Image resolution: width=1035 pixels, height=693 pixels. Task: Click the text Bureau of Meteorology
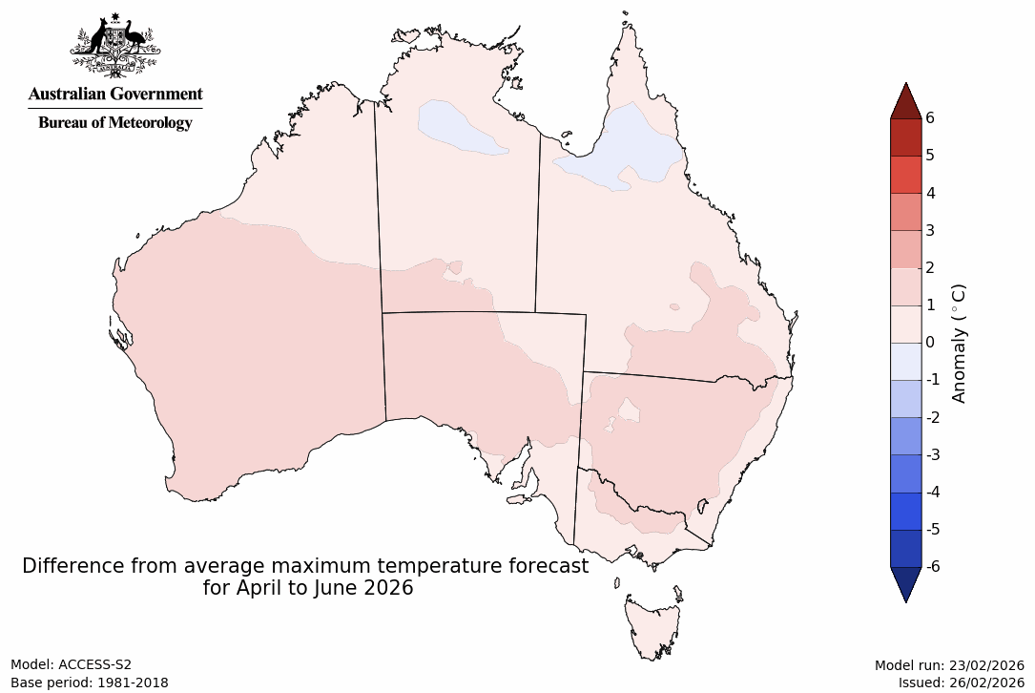pos(115,122)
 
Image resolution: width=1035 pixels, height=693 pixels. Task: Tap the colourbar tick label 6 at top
pos(929,117)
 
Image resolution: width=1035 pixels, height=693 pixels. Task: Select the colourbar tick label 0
pos(929,342)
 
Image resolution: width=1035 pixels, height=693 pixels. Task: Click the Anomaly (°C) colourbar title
pos(960,342)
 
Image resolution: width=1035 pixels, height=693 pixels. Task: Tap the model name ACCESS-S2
pos(94,664)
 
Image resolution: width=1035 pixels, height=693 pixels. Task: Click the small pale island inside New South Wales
pos(629,409)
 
